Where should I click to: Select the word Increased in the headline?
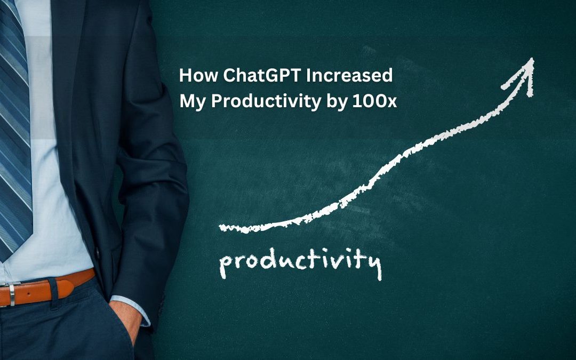(354, 76)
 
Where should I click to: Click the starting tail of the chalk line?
(224, 228)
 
